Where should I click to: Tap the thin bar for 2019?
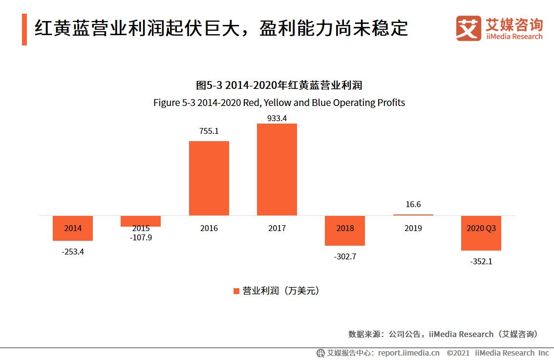click(413, 214)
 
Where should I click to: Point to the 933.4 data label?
click(277, 118)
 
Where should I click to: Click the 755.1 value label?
click(209, 131)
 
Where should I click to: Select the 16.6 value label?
click(413, 204)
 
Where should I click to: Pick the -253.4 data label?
click(73, 252)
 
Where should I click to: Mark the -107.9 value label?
click(141, 238)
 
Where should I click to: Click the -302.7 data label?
click(344, 256)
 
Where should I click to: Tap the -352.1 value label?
click(481, 261)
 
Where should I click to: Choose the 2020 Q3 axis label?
click(481, 228)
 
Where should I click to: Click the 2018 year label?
click(344, 228)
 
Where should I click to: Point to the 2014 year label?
click(73, 228)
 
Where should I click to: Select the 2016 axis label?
click(209, 228)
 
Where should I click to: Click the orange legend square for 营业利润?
click(236, 291)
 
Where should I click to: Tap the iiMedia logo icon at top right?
click(469, 28)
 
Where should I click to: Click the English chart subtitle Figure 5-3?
click(279, 103)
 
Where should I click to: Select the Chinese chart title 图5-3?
click(279, 85)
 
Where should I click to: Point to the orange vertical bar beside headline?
click(24, 29)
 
